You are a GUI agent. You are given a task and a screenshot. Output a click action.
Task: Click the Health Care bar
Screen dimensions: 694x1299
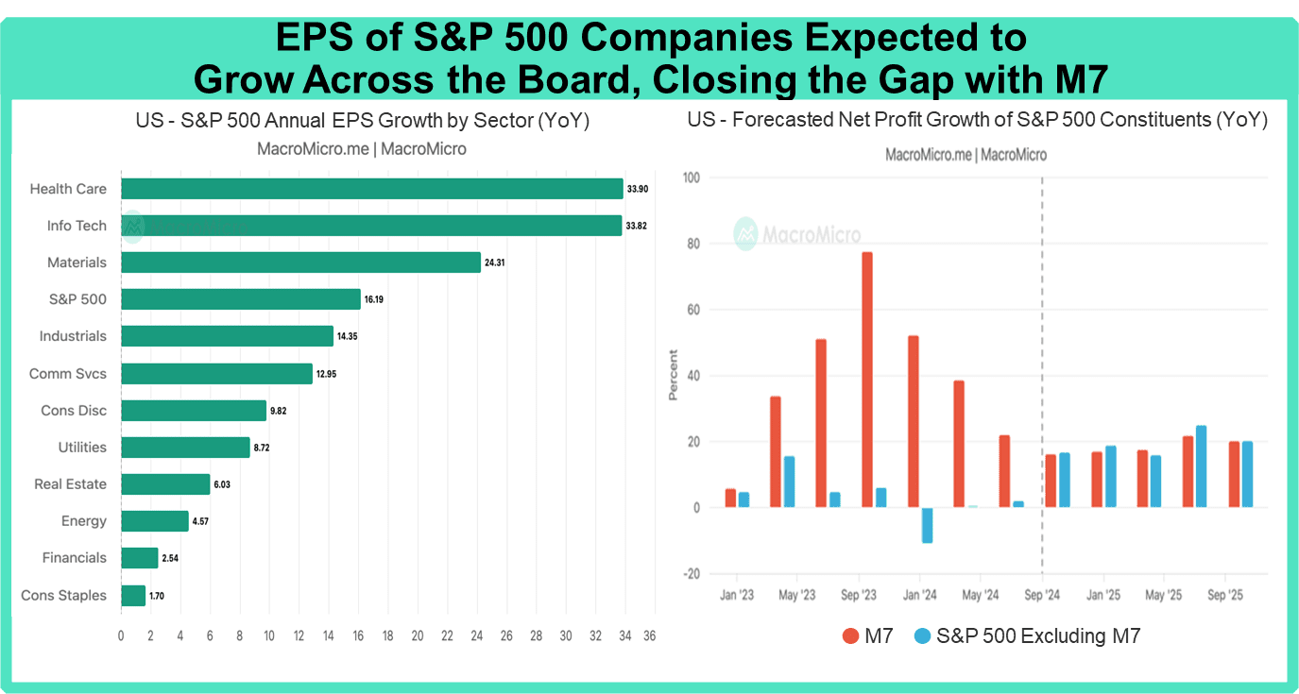[x=372, y=189]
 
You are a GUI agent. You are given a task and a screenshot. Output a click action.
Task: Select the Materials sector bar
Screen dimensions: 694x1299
[x=300, y=262]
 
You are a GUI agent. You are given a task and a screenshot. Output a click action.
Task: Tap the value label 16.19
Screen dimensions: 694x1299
[x=373, y=299]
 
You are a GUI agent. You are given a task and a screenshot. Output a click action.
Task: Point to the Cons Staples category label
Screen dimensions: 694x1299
[x=63, y=596]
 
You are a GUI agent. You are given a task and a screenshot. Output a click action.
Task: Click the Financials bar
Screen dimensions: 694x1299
[x=140, y=558]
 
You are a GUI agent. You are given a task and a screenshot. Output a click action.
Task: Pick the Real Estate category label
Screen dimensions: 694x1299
[x=70, y=484]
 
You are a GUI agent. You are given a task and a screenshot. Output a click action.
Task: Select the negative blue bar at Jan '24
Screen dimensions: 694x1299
[x=927, y=525]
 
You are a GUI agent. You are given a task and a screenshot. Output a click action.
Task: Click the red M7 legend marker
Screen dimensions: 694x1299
[x=850, y=636]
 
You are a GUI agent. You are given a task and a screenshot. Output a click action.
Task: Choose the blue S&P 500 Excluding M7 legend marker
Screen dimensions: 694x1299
[x=923, y=636]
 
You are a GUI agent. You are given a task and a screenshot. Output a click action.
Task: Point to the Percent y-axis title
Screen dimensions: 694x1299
[x=674, y=375]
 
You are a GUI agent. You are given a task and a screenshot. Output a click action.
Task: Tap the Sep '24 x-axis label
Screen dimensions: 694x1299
[x=1041, y=596]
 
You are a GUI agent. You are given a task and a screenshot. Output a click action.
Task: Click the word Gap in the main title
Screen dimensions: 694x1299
[x=927, y=80]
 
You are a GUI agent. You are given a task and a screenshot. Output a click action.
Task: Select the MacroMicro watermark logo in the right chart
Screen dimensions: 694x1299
[x=746, y=233]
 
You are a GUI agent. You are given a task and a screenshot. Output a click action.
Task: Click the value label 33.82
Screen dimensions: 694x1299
[x=636, y=227]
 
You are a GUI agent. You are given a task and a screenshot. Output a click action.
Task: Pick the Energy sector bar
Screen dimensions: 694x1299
[x=155, y=521]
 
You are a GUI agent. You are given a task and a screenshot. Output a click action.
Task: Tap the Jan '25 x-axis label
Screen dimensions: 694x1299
[x=1102, y=596]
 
